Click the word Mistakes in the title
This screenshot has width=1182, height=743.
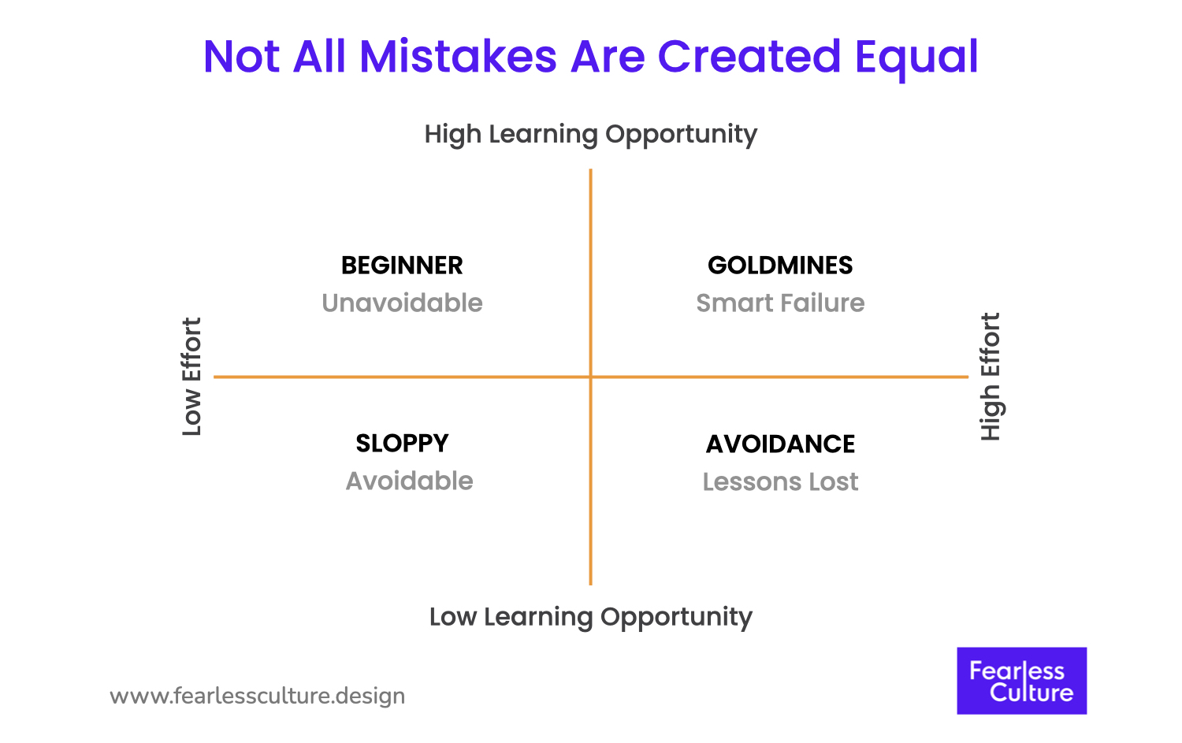tap(459, 57)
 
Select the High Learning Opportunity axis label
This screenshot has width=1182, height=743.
tap(590, 134)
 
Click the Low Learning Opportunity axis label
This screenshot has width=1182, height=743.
tap(590, 616)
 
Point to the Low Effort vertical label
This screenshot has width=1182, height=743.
tap(192, 377)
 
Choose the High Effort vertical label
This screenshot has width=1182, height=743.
tap(990, 377)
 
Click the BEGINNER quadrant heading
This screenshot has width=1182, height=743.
tap(402, 266)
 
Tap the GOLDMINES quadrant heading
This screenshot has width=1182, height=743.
tap(780, 266)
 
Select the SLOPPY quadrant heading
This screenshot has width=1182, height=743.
tap(402, 444)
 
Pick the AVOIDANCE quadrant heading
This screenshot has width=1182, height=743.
tap(780, 444)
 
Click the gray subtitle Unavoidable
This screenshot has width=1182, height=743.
tap(402, 303)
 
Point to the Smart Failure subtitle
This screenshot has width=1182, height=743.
tap(780, 303)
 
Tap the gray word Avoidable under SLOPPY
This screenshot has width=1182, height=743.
tap(409, 481)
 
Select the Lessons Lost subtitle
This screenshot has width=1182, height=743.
tap(780, 482)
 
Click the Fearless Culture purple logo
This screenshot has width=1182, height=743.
tap(1021, 681)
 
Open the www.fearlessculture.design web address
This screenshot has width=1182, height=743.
tap(258, 697)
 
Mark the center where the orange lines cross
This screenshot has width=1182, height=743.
tap(590, 377)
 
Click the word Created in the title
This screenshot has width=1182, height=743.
tap(749, 57)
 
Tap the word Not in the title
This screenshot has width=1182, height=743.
tap(243, 57)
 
